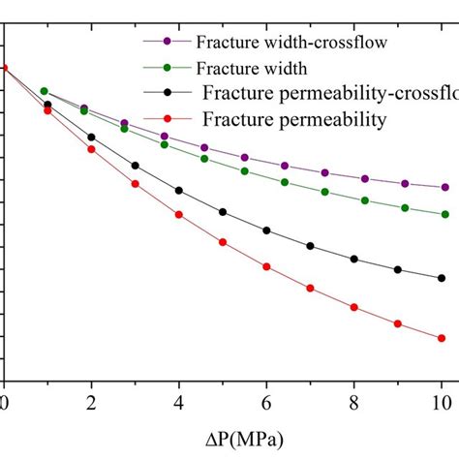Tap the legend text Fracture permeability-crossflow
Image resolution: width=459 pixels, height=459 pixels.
pos(329,94)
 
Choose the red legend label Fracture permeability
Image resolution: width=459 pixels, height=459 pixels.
pos(294,119)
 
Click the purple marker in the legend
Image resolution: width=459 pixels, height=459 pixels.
pos(168,42)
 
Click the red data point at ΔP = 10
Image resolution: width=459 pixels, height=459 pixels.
pos(442,338)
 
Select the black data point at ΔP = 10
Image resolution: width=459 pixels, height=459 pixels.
pos(442,278)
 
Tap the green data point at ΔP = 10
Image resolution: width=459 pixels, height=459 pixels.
pos(444,214)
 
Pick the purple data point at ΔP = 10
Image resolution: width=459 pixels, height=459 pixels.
pos(444,187)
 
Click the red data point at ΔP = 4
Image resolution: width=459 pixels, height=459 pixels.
pos(179,214)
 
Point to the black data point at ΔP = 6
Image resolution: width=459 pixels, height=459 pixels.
pos(266,230)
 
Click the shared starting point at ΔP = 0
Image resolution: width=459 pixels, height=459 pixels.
pos(4,68)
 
